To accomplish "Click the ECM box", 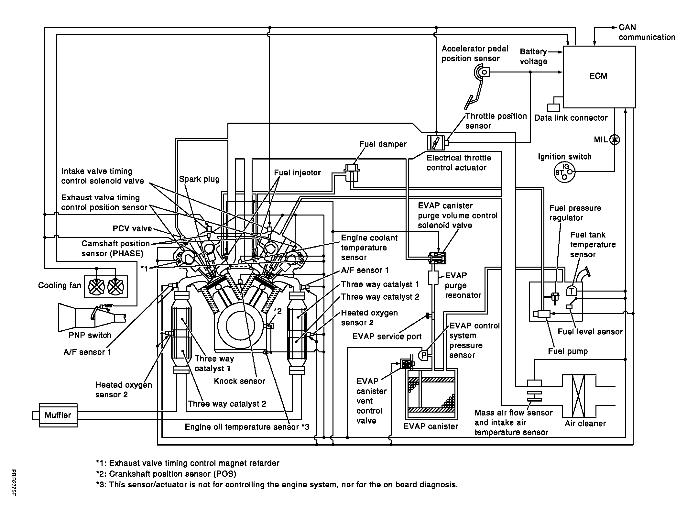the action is point(599,77).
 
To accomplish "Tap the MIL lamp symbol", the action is point(615,139).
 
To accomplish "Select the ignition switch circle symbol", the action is point(564,172).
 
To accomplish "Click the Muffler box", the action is point(58,415).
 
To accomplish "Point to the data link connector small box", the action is point(553,107).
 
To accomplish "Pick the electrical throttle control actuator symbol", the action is point(436,142).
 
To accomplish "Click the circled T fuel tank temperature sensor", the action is point(572,291).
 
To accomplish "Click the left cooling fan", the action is point(96,287).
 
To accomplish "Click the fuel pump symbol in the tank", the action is point(542,314).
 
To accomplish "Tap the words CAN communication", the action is point(647,32).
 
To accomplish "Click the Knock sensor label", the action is point(239,381).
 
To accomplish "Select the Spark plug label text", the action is point(199,179).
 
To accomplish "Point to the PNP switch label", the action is point(90,335).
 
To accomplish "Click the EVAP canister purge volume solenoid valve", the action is point(437,258).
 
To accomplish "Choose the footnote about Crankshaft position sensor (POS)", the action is point(166,474).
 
